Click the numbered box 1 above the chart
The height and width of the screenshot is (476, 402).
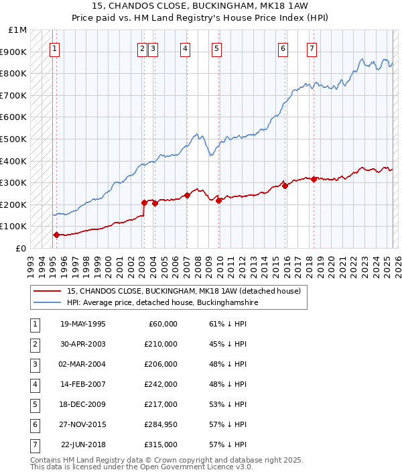[54, 48]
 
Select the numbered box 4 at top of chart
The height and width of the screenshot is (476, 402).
[185, 48]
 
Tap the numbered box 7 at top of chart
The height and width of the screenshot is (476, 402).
[312, 48]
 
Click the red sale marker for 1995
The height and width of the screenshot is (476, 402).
[56, 235]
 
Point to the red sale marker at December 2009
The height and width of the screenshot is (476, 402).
[218, 200]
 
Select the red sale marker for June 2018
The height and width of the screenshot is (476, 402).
[314, 179]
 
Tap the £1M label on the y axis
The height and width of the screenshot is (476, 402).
[18, 30]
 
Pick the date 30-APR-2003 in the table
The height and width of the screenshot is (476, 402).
[82, 345]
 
